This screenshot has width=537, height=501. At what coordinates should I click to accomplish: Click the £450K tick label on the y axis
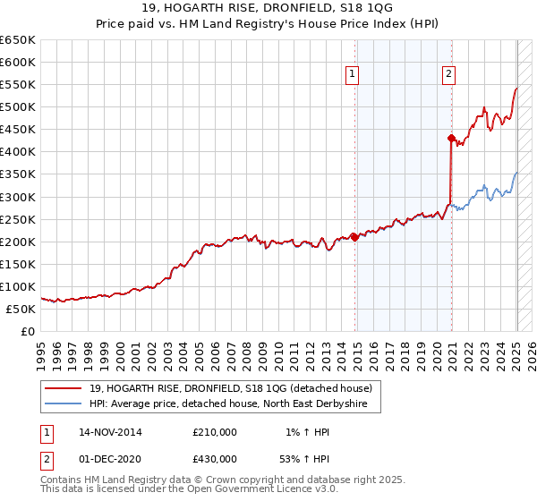point(18,130)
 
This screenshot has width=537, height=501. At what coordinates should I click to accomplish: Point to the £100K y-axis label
point(18,286)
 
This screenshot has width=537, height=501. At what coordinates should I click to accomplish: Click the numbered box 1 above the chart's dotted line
point(353,75)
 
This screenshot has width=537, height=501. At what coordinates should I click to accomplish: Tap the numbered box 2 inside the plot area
point(447,75)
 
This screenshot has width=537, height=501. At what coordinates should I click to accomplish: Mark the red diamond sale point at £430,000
point(451,138)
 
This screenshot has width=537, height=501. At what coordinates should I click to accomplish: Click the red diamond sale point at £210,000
point(355,237)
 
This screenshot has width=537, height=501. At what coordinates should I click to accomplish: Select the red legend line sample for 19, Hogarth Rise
point(63,387)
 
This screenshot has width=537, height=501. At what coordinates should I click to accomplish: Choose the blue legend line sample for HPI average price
point(63,405)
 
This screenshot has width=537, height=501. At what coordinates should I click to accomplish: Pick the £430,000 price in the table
point(215,458)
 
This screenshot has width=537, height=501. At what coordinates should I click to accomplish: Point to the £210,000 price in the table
point(215,432)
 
